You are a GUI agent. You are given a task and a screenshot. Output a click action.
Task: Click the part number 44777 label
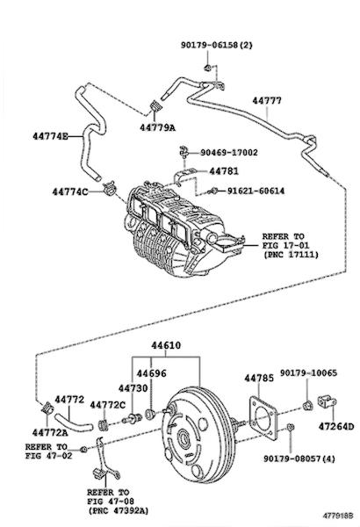click(x=267, y=100)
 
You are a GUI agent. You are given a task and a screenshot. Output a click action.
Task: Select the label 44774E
click(x=50, y=136)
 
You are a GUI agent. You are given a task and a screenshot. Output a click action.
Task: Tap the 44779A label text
click(x=158, y=127)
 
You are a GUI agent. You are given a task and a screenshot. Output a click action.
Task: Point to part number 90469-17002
click(x=229, y=153)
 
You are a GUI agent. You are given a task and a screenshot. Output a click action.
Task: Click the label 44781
click(x=224, y=171)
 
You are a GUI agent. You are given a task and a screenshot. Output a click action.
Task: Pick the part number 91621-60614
click(x=256, y=191)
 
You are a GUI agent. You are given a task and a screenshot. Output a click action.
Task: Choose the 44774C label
click(x=70, y=191)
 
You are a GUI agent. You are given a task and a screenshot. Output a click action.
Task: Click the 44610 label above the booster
click(x=166, y=345)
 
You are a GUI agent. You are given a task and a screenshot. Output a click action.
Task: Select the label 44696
click(x=151, y=373)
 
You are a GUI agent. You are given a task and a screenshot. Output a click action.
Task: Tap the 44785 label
click(x=259, y=378)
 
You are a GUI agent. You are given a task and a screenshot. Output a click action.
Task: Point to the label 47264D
click(x=336, y=427)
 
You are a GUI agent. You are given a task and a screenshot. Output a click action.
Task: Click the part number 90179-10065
click(x=308, y=372)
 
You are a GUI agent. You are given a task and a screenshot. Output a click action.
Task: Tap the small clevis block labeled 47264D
click(x=326, y=401)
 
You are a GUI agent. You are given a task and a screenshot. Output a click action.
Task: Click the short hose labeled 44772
click(x=73, y=422)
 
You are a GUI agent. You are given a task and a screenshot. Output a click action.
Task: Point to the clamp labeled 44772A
click(x=47, y=408)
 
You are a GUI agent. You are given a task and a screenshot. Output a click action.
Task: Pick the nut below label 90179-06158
click(x=207, y=68)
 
